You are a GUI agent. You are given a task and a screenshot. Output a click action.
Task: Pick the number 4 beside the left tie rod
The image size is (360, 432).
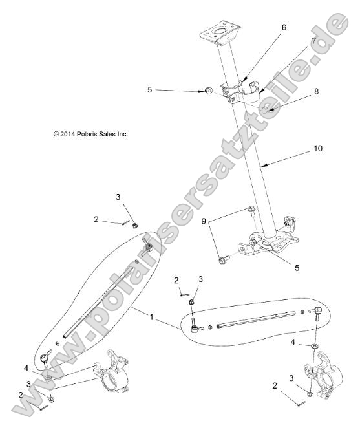26,368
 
